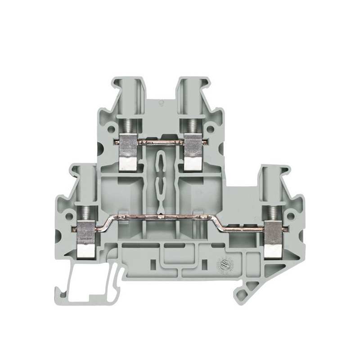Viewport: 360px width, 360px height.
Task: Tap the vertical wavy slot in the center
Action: click(x=160, y=180)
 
